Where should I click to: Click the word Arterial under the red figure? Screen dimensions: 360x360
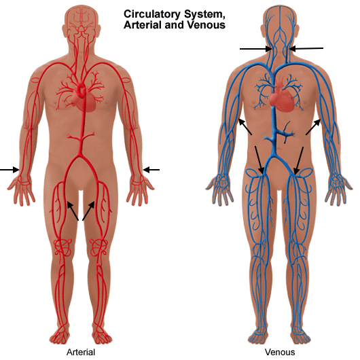tap(81, 353)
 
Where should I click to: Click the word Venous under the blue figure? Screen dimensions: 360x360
tap(280, 353)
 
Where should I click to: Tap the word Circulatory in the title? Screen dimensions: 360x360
tap(152, 14)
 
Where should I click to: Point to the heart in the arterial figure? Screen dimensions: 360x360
tap(83, 98)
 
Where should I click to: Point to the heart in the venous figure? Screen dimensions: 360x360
tap(282, 96)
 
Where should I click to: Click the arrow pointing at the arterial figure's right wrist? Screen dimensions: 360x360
tap(10, 170)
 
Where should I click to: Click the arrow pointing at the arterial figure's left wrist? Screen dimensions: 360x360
tap(151, 170)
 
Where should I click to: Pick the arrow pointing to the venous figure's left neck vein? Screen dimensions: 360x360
tap(306, 48)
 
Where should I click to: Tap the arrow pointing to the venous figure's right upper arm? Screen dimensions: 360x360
tap(245, 126)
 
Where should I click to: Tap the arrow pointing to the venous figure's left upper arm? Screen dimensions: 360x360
tap(313, 127)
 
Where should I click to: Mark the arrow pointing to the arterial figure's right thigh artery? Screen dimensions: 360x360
tap(73, 211)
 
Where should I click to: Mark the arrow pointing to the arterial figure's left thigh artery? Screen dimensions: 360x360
tap(88, 211)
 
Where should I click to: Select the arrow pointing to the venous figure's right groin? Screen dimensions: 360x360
tap(259, 160)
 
